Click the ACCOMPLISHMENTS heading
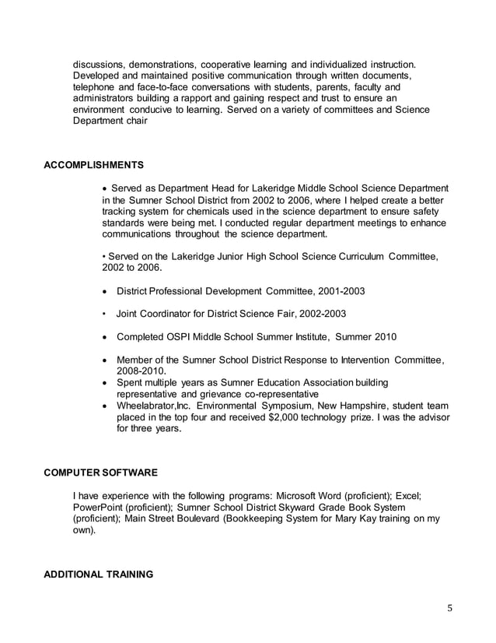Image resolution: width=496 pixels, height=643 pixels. tap(93, 165)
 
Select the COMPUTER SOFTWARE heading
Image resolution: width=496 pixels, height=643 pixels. tap(100, 473)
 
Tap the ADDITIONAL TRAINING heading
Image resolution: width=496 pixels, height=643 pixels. tap(98, 574)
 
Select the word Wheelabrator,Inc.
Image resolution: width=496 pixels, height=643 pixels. tap(153, 406)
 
